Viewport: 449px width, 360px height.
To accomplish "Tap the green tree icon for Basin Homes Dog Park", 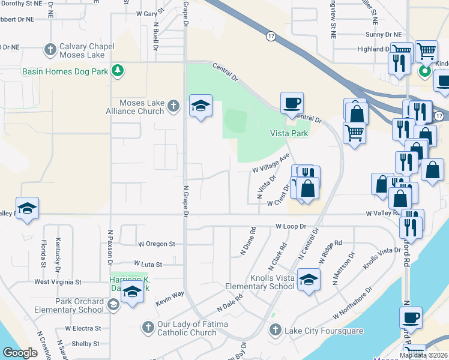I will tap(119, 71).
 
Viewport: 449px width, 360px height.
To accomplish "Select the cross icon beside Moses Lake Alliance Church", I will tap(173, 106).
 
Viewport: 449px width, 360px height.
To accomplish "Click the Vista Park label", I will tap(289, 133).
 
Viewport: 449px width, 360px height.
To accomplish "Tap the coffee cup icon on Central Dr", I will tap(292, 103).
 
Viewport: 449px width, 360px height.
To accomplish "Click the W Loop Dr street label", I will tap(291, 227).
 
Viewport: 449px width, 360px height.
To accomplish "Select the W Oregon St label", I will tap(156, 244).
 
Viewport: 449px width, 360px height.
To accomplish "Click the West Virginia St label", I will tap(58, 281).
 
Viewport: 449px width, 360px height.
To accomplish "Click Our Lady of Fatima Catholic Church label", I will tap(187, 329).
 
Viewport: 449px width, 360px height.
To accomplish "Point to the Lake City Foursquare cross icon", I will tap(275, 329).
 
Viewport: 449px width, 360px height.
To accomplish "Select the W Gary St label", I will tap(150, 13).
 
